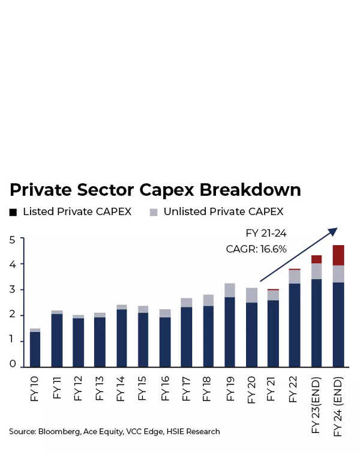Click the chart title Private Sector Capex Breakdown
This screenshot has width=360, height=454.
coord(155,190)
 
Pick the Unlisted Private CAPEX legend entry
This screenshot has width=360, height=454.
coord(217,212)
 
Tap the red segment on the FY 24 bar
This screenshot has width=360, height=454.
coord(338,255)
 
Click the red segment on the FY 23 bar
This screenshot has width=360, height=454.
coord(317,259)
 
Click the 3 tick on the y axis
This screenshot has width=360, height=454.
coord(12,290)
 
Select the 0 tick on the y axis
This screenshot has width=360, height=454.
coord(12,364)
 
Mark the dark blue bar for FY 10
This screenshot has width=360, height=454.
coord(35,349)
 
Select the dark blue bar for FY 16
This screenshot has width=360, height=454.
coord(164,342)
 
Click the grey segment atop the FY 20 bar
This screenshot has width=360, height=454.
coord(251,295)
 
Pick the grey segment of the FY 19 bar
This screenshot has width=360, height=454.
coord(230,290)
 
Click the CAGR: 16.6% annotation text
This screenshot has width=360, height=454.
coord(256,249)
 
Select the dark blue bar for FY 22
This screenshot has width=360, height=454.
coord(295,325)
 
